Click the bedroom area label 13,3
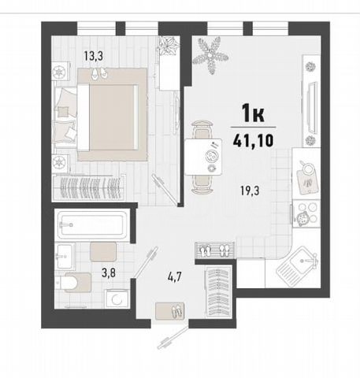(x=93, y=56)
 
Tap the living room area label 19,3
(x=250, y=191)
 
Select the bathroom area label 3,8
(x=109, y=273)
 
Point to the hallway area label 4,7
(x=175, y=277)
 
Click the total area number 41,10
(x=253, y=140)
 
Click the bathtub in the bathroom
(x=93, y=224)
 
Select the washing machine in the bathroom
(x=117, y=298)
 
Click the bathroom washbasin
(x=65, y=256)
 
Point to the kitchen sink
(x=298, y=266)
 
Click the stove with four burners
(x=306, y=213)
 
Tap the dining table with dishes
(x=203, y=157)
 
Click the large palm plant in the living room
(x=210, y=55)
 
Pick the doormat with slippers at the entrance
(x=170, y=311)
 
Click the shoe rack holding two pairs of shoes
(x=215, y=250)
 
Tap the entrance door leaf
(x=173, y=338)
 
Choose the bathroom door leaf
(x=145, y=262)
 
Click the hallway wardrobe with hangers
(x=218, y=291)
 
